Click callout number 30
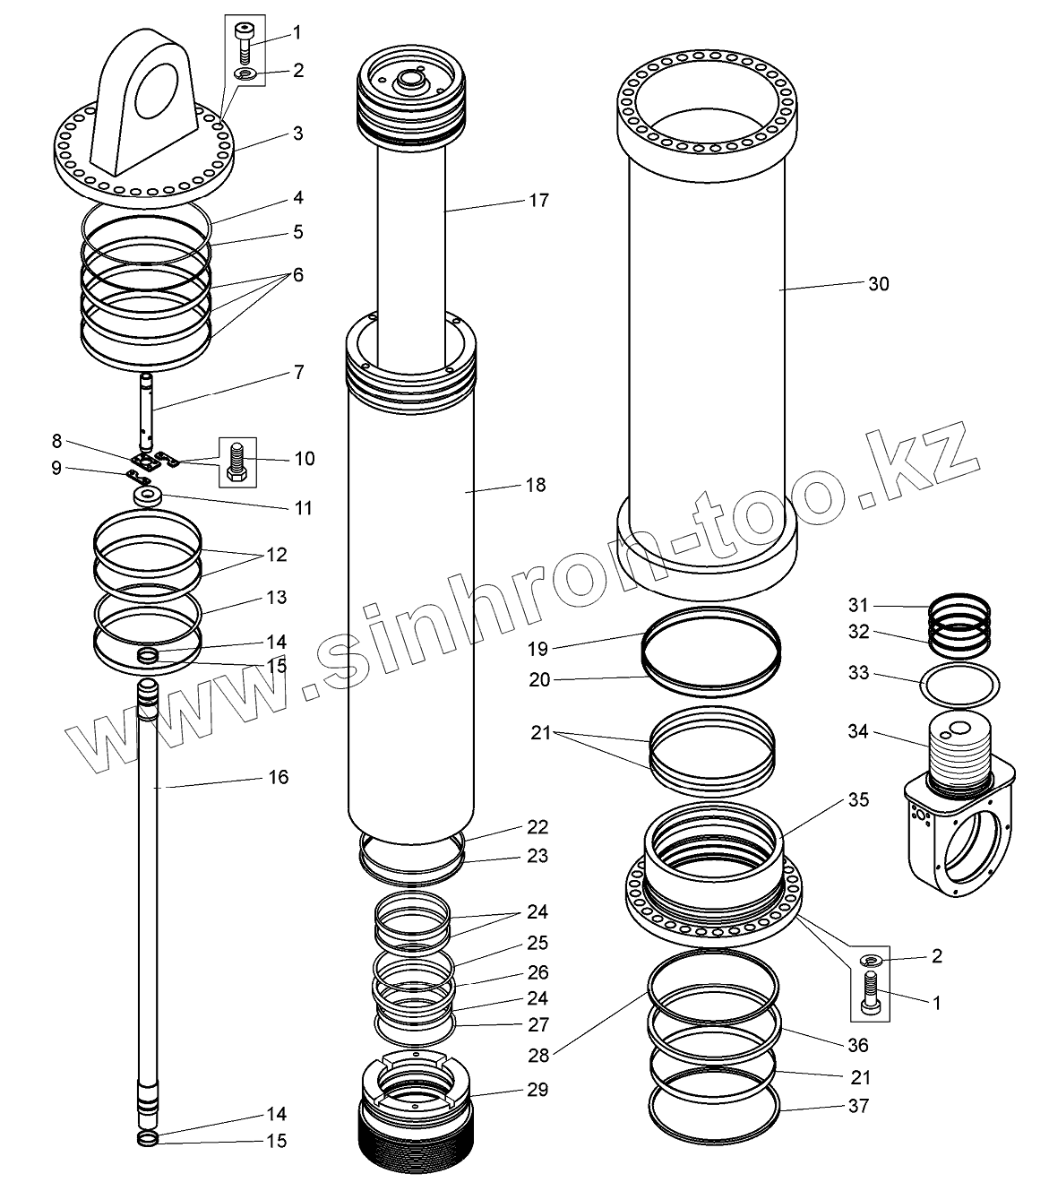[878, 284]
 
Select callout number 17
[537, 200]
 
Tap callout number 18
[536, 486]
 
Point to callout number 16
[279, 777]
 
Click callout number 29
[537, 1091]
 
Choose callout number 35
[858, 800]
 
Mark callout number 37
[858, 1107]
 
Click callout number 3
[297, 134]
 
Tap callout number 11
[303, 508]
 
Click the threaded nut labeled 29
[415, 1111]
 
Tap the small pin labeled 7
[147, 408]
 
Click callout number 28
[537, 1057]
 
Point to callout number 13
[275, 598]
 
